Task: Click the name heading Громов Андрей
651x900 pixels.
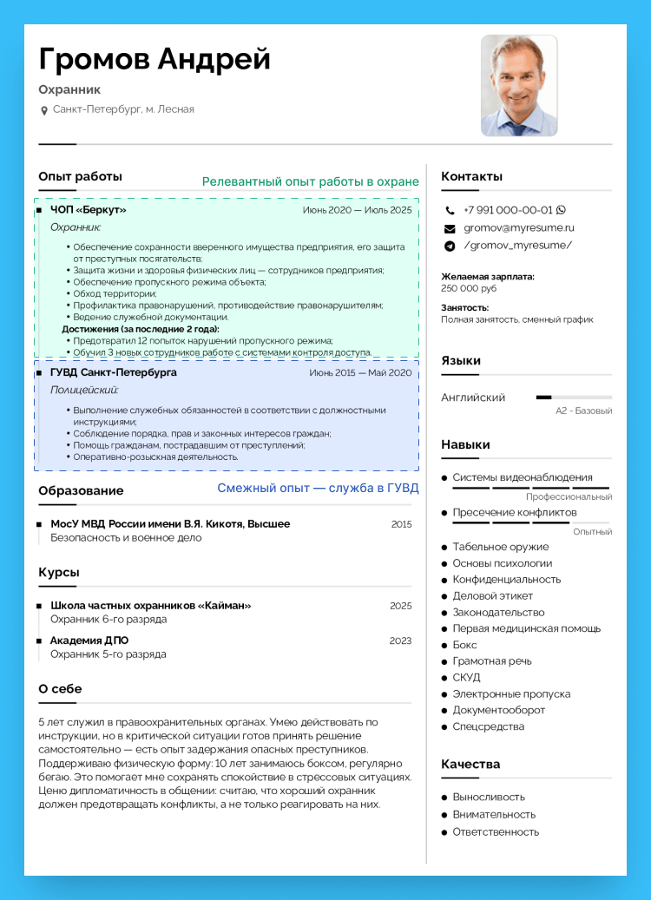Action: pyautogui.click(x=155, y=59)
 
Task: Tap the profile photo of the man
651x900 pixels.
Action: pyautogui.click(x=519, y=85)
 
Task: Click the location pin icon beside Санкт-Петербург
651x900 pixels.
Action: pyautogui.click(x=44, y=110)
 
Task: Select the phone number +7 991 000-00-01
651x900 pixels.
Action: pyautogui.click(x=508, y=210)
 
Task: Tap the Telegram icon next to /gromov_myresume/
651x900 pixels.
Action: pyautogui.click(x=450, y=246)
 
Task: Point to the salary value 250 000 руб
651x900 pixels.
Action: pyautogui.click(x=469, y=288)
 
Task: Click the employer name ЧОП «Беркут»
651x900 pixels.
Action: pyautogui.click(x=88, y=210)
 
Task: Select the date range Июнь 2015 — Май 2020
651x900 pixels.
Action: pyautogui.click(x=360, y=372)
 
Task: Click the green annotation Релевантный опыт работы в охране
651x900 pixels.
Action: pyautogui.click(x=310, y=182)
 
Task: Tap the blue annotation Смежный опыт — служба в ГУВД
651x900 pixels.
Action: pyautogui.click(x=318, y=489)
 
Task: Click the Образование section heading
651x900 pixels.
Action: pyautogui.click(x=81, y=490)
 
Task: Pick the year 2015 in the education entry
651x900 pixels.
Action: pyautogui.click(x=401, y=524)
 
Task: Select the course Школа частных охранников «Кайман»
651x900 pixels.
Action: pyautogui.click(x=150, y=606)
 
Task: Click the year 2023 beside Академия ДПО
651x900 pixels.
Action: pyautogui.click(x=400, y=641)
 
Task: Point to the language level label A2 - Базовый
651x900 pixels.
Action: pyautogui.click(x=583, y=411)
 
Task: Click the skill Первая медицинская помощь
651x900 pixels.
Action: pyautogui.click(x=526, y=628)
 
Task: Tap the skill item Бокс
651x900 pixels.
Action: pyautogui.click(x=464, y=645)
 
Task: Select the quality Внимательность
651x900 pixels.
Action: pyautogui.click(x=494, y=814)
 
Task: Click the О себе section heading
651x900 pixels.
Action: pyautogui.click(x=60, y=689)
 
